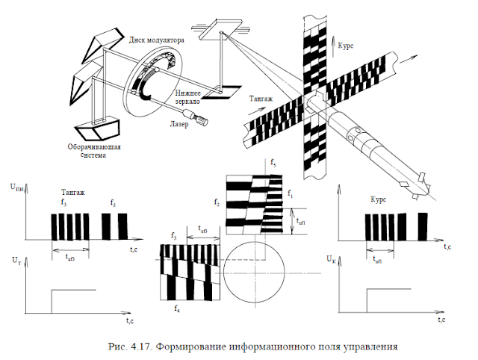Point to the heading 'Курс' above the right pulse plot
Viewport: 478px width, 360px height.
pyautogui.click(x=381, y=199)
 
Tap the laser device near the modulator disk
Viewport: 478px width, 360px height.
pyautogui.click(x=200, y=117)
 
